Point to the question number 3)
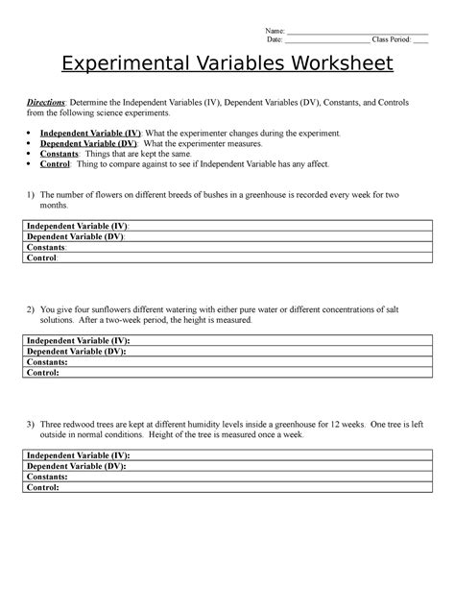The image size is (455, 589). pos(31,424)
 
